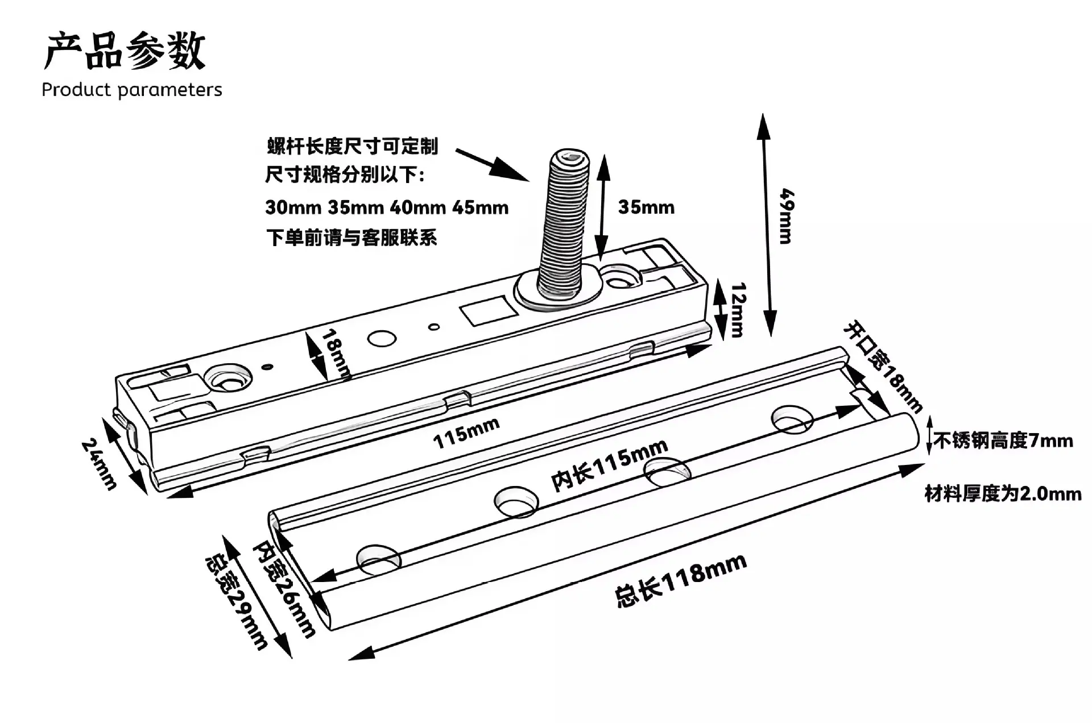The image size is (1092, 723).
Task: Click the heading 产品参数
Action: pyautogui.click(x=125, y=51)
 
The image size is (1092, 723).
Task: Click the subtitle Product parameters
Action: pyautogui.click(x=132, y=90)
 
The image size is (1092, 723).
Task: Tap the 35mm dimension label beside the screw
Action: pyautogui.click(x=646, y=207)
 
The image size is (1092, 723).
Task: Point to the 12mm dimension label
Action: pyautogui.click(x=738, y=310)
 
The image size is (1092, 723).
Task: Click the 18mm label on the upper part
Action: pyautogui.click(x=336, y=354)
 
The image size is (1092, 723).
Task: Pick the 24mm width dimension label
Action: pyautogui.click(x=100, y=463)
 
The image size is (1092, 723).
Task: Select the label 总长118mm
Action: pyautogui.click(x=681, y=581)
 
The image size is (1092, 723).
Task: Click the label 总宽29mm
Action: pyautogui.click(x=235, y=601)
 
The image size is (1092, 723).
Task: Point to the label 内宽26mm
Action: pyautogui.click(x=284, y=588)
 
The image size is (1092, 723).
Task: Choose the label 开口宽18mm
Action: pyautogui.click(x=882, y=367)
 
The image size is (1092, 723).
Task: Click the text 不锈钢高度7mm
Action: pyautogui.click(x=1003, y=441)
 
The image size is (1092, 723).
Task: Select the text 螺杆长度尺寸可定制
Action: pyautogui.click(x=353, y=146)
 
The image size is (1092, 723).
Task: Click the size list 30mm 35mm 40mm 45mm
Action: pyautogui.click(x=387, y=207)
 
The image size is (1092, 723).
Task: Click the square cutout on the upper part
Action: pyautogui.click(x=487, y=310)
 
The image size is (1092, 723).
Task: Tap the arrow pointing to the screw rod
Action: pyautogui.click(x=493, y=165)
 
